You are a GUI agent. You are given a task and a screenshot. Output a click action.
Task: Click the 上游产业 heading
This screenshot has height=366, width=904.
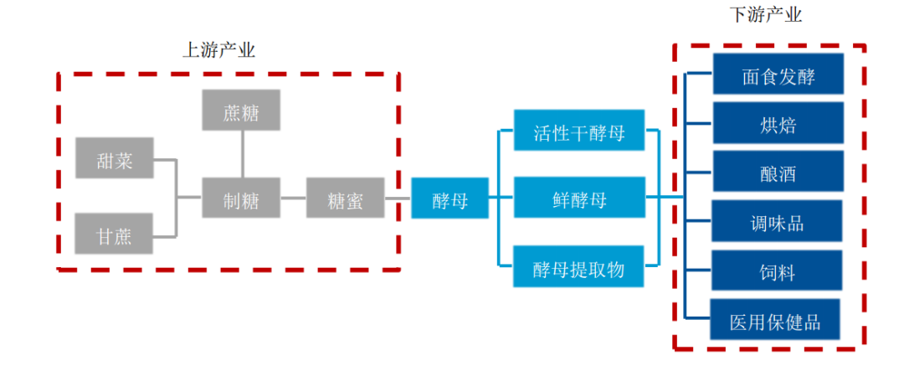(218, 51)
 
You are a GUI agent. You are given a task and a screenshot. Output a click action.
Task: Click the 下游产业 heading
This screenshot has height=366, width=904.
(766, 15)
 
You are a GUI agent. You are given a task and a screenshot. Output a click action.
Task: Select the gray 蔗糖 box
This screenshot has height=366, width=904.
(242, 110)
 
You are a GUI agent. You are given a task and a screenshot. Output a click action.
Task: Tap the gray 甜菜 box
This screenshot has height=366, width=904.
(115, 158)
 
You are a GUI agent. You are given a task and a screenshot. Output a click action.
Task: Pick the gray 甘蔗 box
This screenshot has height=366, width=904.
(115, 234)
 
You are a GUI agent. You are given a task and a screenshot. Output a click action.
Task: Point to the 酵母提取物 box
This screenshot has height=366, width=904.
(579, 266)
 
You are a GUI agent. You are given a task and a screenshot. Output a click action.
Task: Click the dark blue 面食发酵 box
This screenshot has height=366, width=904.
(778, 74)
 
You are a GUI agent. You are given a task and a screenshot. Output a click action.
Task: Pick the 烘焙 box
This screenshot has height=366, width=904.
(778, 123)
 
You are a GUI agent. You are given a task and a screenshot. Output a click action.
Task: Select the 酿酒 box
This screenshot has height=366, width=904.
(778, 172)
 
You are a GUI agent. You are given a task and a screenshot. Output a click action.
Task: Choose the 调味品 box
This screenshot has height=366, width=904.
(778, 221)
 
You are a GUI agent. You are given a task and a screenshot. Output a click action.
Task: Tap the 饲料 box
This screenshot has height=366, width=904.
(778, 271)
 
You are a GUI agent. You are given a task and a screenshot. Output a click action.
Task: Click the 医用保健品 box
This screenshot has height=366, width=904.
(775, 319)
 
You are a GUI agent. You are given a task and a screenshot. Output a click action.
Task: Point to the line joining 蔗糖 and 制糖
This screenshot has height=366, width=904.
(242, 154)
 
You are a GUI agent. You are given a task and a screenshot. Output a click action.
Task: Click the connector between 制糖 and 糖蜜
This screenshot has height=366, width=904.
(294, 198)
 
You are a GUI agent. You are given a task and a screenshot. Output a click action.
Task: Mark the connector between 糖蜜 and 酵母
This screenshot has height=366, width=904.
(398, 198)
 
